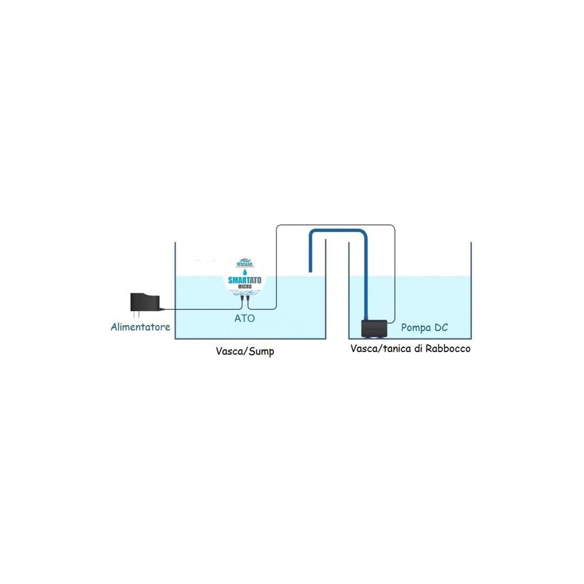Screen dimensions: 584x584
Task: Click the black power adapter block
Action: click(145, 302)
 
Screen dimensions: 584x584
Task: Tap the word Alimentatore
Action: click(140, 327)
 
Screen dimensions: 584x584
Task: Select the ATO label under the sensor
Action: click(245, 318)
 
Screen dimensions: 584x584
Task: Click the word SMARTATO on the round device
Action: click(245, 280)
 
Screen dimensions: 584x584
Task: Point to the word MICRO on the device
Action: click(245, 287)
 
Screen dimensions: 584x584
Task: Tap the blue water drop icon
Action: click(245, 272)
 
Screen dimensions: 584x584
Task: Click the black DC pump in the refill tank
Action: click(374, 328)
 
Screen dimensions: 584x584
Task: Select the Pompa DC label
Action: click(424, 327)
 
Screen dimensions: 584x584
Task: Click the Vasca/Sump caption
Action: click(245, 351)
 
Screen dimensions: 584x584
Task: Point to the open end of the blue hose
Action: click(310, 270)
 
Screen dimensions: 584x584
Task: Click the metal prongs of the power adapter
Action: click(136, 314)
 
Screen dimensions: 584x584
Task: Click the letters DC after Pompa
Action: click(441, 327)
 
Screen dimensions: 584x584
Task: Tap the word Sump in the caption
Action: click(261, 351)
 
